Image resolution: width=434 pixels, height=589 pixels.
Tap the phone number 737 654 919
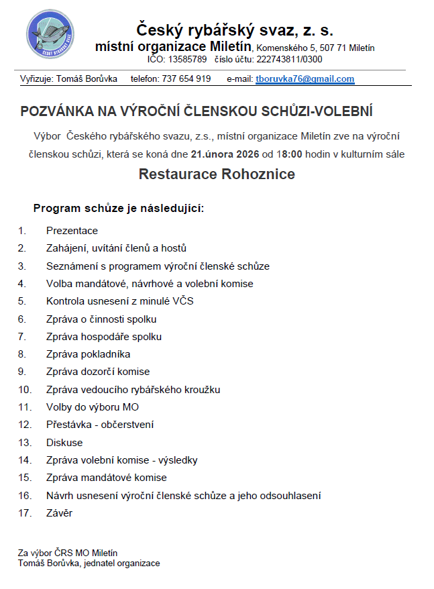186,78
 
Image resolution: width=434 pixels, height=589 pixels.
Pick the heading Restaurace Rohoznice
217,174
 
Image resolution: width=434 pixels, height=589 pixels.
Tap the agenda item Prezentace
72,231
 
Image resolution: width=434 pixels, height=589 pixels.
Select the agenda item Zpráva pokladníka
88,354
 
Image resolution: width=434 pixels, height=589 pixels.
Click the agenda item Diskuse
64,443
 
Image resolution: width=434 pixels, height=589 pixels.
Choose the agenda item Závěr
59,513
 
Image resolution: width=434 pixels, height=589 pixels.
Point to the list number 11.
25,407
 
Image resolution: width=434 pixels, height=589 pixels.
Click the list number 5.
22,301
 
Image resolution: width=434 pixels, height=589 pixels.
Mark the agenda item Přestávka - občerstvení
100,425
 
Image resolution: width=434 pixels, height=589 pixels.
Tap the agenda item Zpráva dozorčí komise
98,372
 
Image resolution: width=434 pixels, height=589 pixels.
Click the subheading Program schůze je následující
118,208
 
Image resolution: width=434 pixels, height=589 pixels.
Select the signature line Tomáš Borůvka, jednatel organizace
89,564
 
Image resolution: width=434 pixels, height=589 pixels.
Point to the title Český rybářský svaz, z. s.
234,30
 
